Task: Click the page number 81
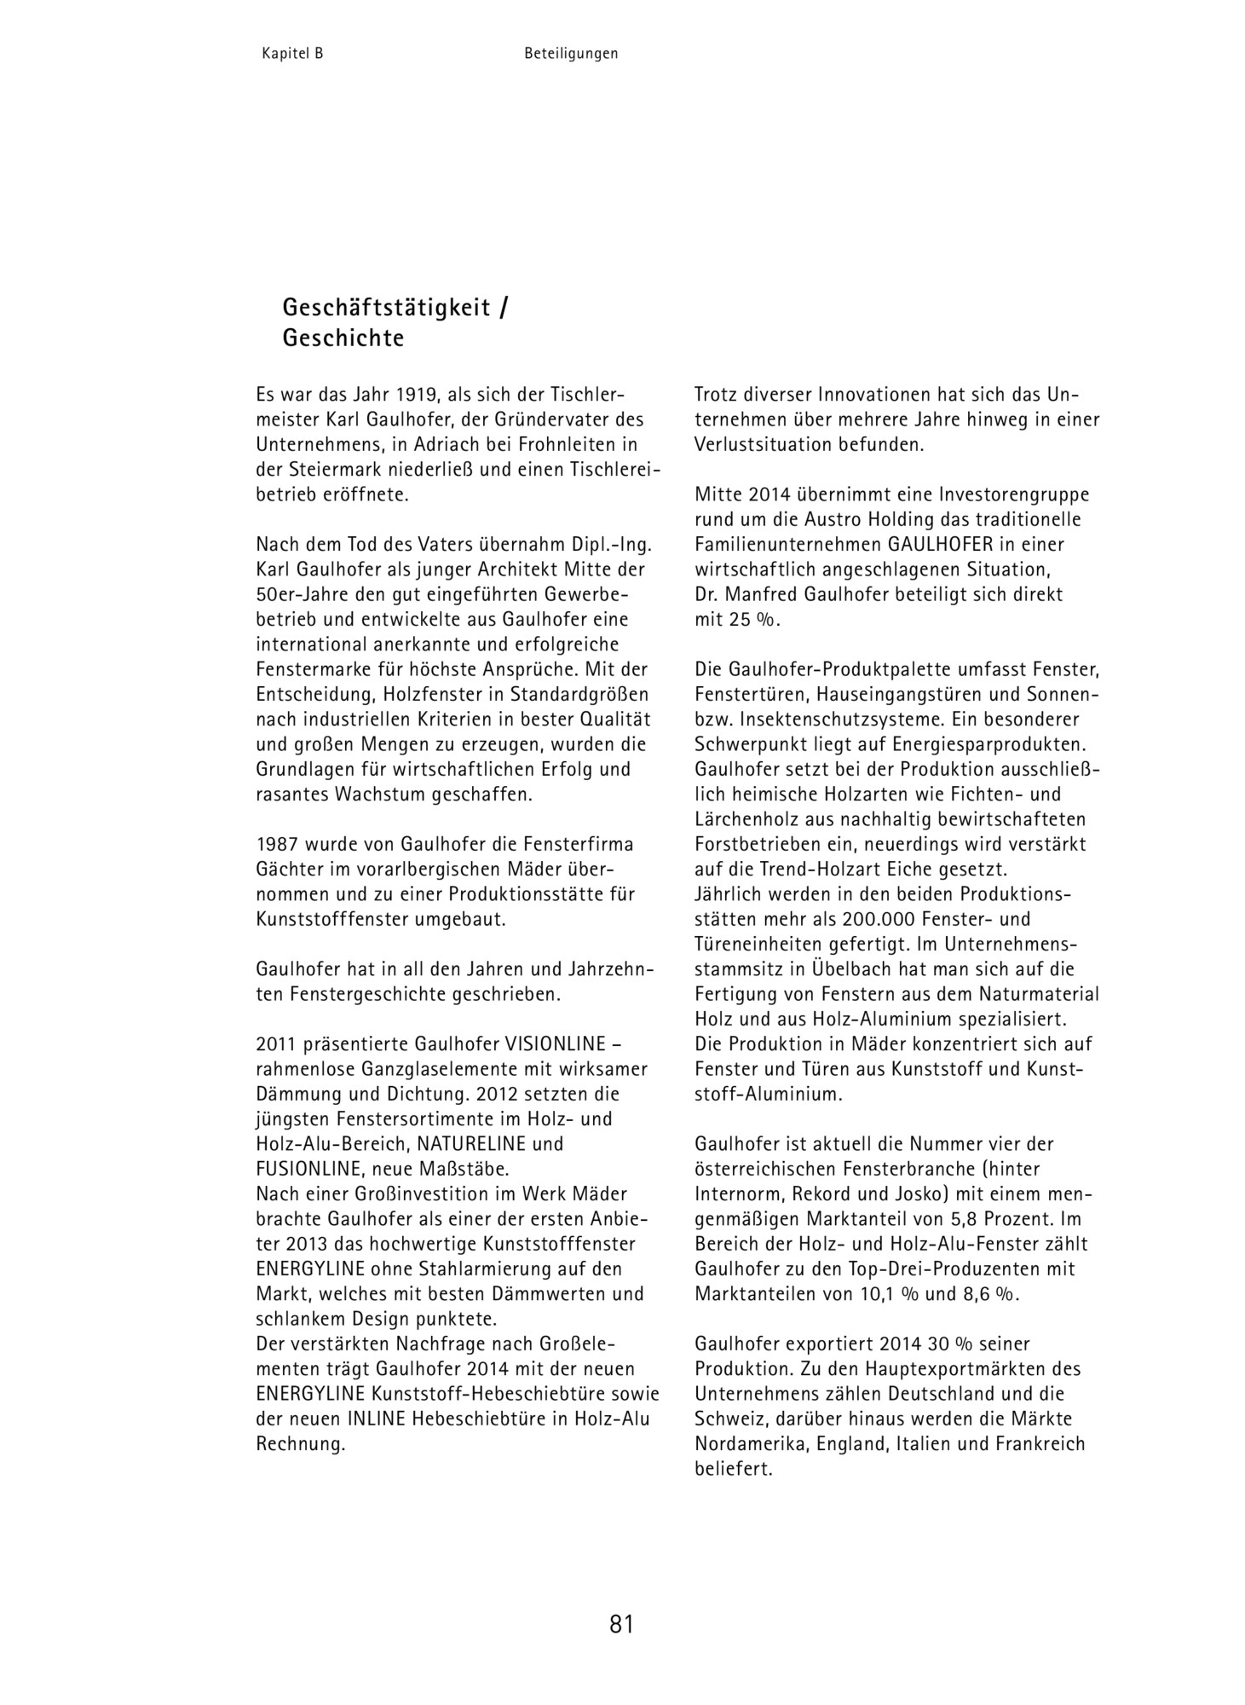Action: [621, 1625]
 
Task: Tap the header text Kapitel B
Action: [292, 54]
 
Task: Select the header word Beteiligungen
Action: [571, 54]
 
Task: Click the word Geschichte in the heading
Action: [343, 338]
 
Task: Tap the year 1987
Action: [278, 845]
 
